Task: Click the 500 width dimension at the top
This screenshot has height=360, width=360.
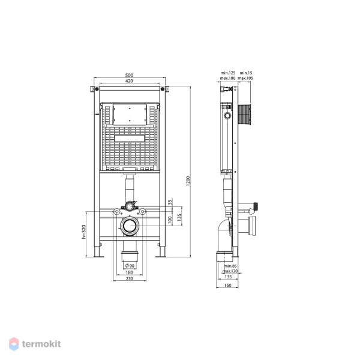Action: coord(130,74)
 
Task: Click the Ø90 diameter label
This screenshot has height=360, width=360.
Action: coord(129,266)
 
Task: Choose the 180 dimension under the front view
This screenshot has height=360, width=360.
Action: coord(130,272)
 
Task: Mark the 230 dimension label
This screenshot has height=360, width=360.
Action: coord(130,278)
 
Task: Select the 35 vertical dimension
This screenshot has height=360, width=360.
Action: coord(170,202)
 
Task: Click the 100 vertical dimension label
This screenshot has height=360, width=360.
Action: coord(170,220)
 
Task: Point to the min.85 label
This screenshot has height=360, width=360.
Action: coord(230,266)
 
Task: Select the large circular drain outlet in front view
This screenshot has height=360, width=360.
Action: coord(130,227)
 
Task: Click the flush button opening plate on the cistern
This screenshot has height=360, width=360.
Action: coord(130,113)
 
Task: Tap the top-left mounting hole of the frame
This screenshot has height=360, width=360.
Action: coord(94,90)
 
